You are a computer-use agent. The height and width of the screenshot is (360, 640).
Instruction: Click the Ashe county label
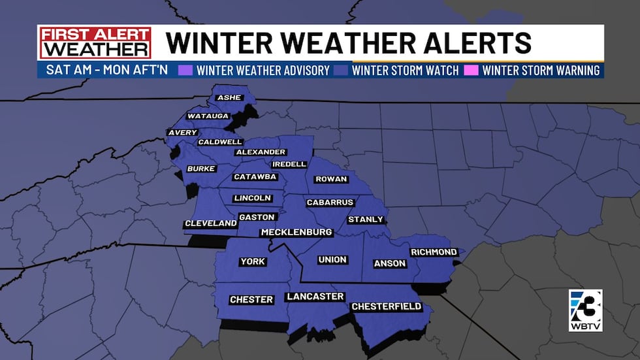(x=229, y=97)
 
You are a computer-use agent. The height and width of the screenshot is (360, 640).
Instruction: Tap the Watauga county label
(x=208, y=116)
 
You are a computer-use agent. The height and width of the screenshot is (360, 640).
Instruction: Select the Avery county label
(x=182, y=133)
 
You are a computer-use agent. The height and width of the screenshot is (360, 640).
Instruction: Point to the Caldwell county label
(x=221, y=142)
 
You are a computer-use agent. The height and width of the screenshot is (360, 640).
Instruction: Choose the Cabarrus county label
(x=330, y=203)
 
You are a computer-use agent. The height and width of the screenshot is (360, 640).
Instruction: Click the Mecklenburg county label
(x=296, y=233)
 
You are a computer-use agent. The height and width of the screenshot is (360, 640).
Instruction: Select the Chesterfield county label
(x=387, y=306)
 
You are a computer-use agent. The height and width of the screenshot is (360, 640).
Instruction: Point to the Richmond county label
(x=434, y=252)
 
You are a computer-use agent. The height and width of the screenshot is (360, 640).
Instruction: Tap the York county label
(x=253, y=261)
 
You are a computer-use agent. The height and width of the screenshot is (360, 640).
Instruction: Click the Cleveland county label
(x=210, y=223)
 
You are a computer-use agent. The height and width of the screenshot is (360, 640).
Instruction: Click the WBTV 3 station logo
(x=585, y=310)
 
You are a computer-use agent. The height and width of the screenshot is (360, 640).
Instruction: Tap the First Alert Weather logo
(x=95, y=42)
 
